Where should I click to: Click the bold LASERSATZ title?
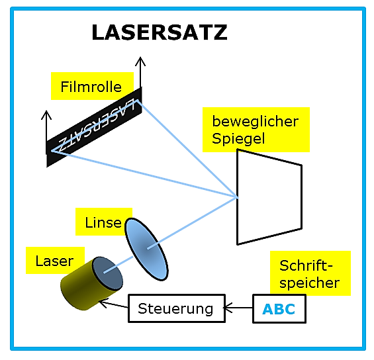point(160,32)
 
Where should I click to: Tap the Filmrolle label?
point(91,87)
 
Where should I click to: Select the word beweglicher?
point(256,122)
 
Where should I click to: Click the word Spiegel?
point(238,139)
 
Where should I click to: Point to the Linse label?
point(103,222)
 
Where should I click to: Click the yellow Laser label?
point(54,261)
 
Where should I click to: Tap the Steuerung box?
point(177,308)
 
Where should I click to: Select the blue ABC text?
point(279,309)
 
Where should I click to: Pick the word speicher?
point(309,283)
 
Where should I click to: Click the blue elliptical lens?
point(147,249)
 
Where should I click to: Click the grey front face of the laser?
point(108,273)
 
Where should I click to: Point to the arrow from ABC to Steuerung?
point(238,308)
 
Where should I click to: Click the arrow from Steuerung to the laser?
point(114,304)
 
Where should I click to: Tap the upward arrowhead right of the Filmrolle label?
point(140,62)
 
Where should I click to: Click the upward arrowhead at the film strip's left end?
point(46,115)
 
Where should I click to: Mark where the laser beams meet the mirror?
point(238,197)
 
